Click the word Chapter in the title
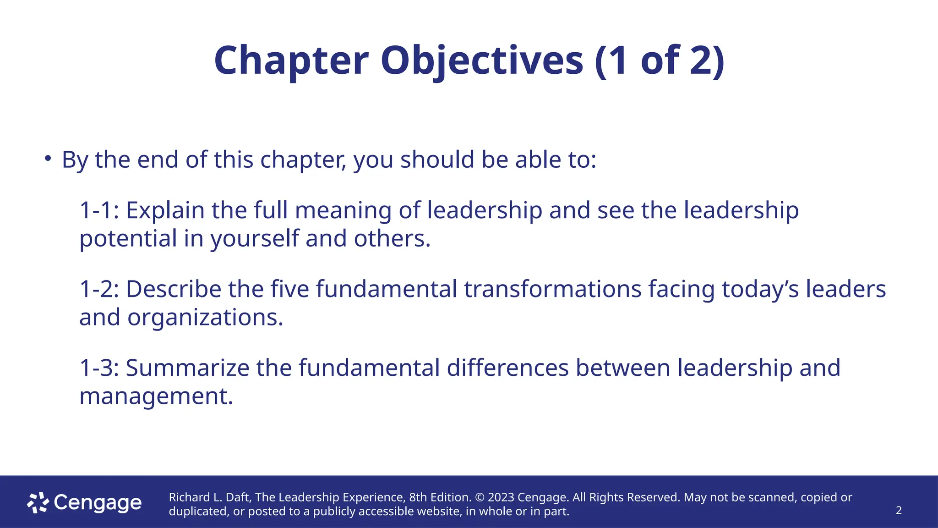291,61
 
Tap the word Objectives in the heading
482,61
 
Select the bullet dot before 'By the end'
48,159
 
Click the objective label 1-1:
99,210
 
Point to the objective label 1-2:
99,289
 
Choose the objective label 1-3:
99,368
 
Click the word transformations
553,289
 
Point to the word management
156,396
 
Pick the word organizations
205,318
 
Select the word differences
507,368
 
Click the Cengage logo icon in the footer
38,503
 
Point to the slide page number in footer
899,511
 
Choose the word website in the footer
439,511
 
